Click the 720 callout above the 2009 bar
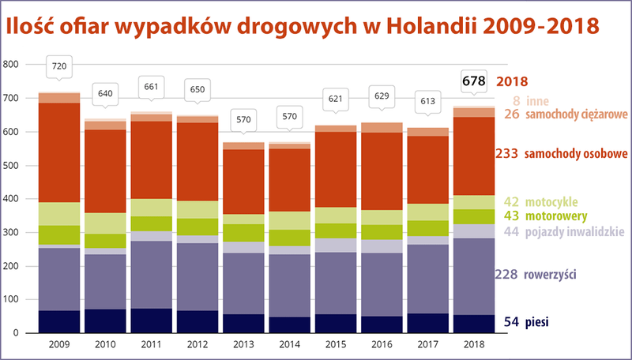pos(59,67)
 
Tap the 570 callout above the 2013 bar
pos(243,119)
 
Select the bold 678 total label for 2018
pos(473,81)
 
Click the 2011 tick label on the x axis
pos(151,344)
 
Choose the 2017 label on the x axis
pos(427,344)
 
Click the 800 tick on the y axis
pos(10,65)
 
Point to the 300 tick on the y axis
pos(10,233)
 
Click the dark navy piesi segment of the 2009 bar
pos(59,321)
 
